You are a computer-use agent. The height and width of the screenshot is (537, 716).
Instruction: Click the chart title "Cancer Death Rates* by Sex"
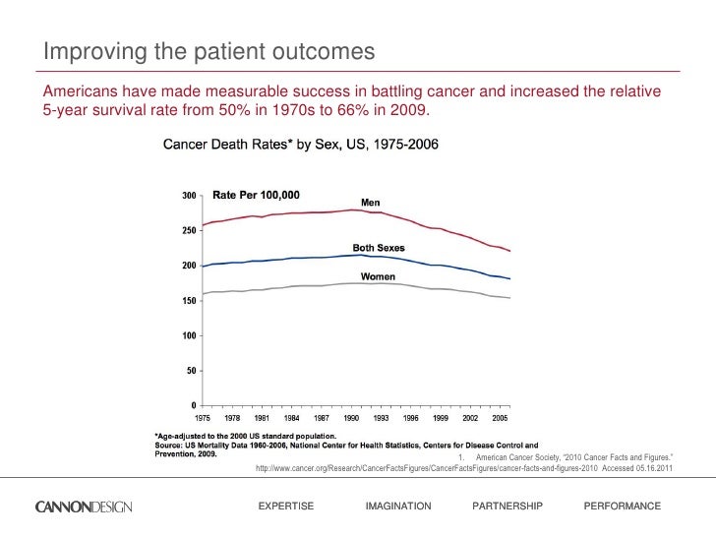pyautogui.click(x=300, y=145)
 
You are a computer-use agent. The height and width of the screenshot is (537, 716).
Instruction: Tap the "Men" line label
pyautogui.click(x=370, y=203)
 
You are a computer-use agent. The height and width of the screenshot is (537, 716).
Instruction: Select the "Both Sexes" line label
pyautogui.click(x=379, y=247)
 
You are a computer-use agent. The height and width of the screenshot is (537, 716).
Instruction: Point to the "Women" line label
pyautogui.click(x=378, y=276)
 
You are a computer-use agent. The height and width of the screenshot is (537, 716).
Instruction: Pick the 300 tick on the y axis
pyautogui.click(x=186, y=196)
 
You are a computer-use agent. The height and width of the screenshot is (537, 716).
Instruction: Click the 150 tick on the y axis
pyautogui.click(x=186, y=301)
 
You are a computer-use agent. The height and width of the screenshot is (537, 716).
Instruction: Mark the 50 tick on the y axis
pyautogui.click(x=189, y=371)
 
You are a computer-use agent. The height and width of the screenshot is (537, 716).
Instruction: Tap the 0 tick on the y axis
pyautogui.click(x=192, y=405)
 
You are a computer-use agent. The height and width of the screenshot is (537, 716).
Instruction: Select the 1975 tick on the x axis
pyautogui.click(x=203, y=418)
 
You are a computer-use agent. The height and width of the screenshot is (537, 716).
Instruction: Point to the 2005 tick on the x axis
pyautogui.click(x=501, y=418)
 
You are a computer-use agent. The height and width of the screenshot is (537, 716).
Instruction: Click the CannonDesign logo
pyautogui.click(x=89, y=507)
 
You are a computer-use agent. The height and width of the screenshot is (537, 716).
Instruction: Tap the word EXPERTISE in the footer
pyautogui.click(x=285, y=506)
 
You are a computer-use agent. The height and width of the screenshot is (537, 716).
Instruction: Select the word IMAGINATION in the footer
pyautogui.click(x=397, y=506)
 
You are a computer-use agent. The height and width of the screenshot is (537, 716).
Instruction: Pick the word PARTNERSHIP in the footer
pyautogui.click(x=507, y=506)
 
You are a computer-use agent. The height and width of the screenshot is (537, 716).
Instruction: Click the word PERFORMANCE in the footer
pyautogui.click(x=622, y=506)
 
